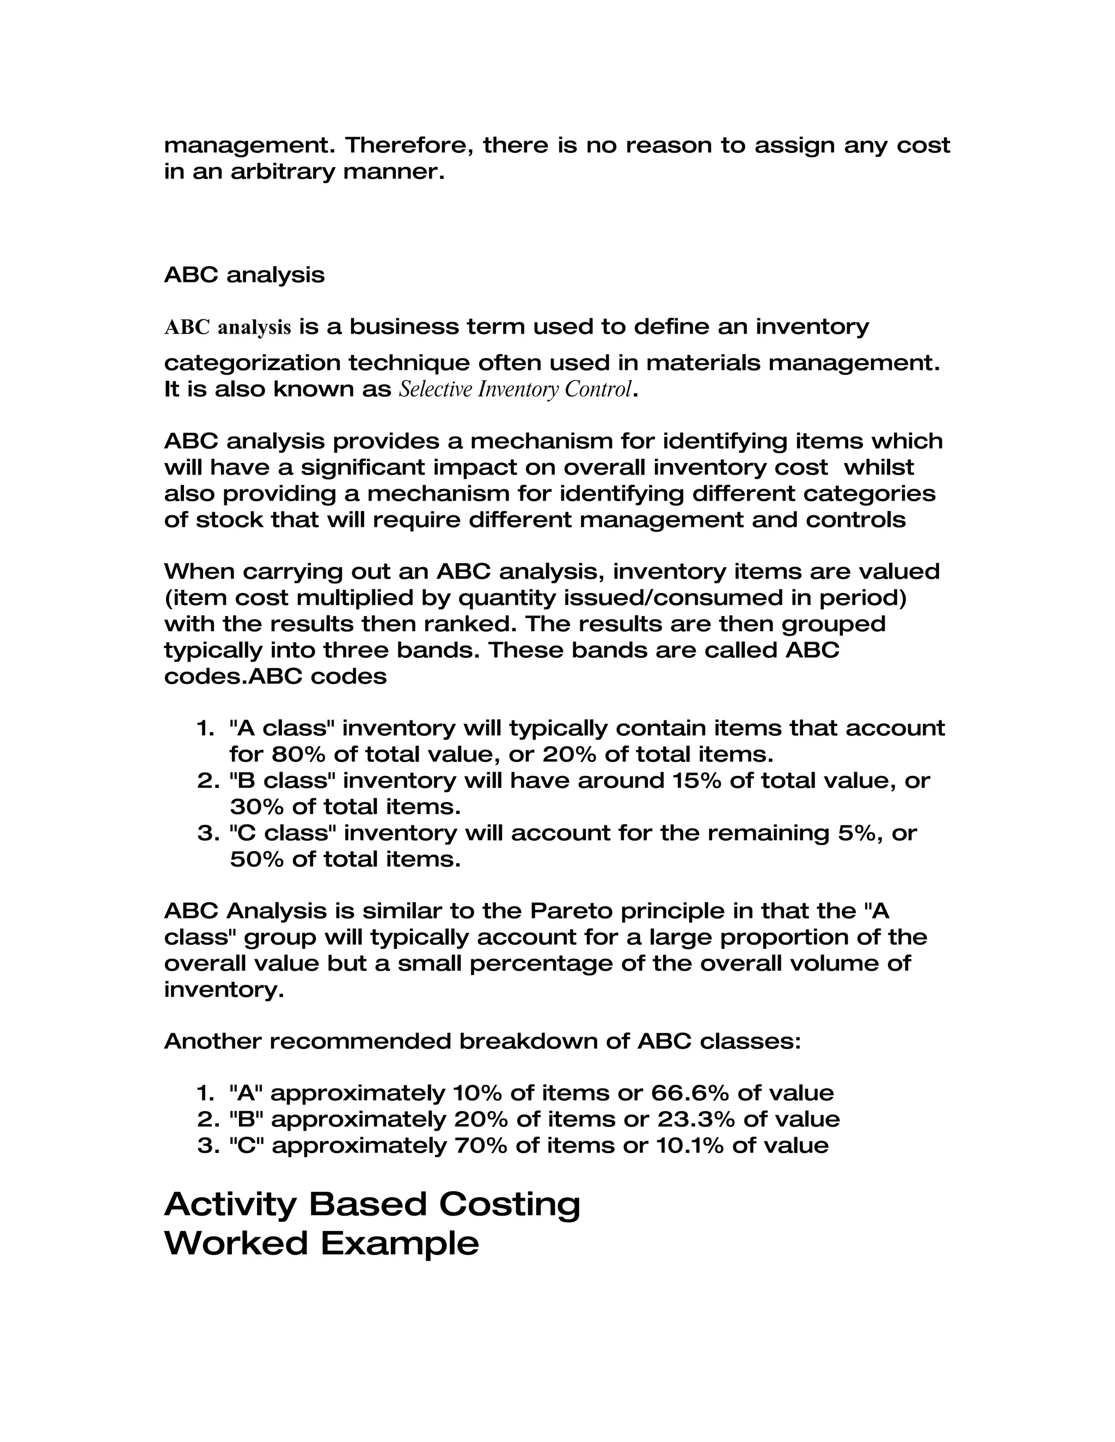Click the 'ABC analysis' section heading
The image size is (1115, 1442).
click(244, 275)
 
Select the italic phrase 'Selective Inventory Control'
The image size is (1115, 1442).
click(515, 390)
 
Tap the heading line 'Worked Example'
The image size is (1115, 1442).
click(321, 1243)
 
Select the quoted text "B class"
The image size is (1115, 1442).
click(283, 780)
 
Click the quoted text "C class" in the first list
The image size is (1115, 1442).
click(283, 833)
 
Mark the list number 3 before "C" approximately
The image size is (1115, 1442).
click(205, 1145)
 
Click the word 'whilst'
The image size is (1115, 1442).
click(879, 467)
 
